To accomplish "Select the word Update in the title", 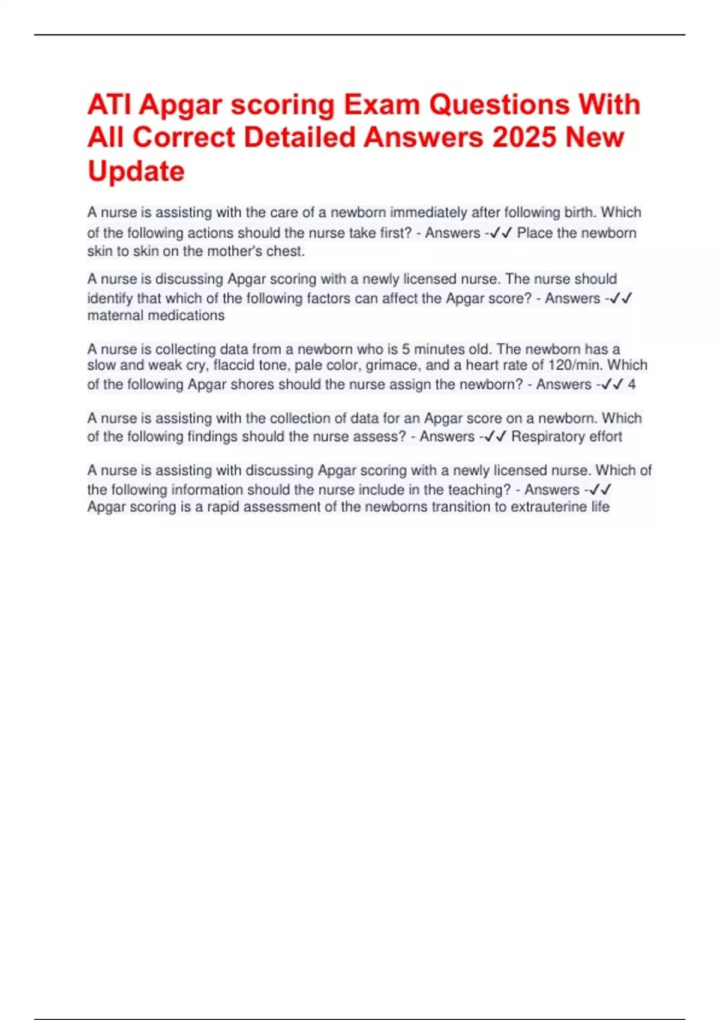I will pyautogui.click(x=136, y=172).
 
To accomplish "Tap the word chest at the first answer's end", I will pyautogui.click(x=285, y=251).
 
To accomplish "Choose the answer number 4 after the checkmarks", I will pyautogui.click(x=631, y=384).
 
